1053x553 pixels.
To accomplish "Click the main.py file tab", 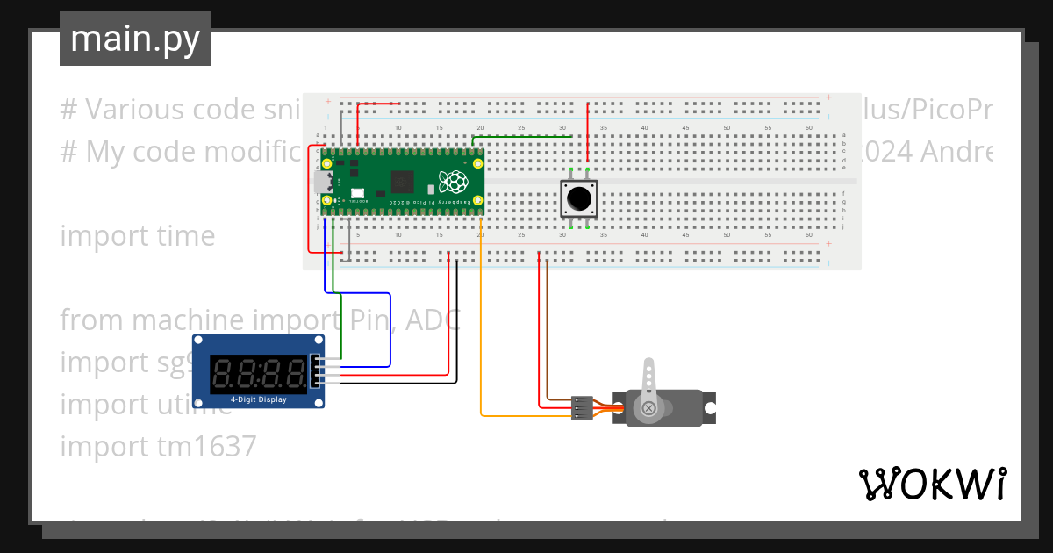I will tap(134, 39).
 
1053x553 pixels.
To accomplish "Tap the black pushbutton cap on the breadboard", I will tap(578, 199).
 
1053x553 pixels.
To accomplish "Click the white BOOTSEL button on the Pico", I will tap(357, 193).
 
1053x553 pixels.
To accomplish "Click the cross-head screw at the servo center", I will tap(649, 408).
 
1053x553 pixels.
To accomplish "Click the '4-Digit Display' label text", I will tap(259, 400).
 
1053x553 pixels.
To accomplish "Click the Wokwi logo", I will tap(931, 484).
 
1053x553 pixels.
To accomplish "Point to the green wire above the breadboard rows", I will tap(518, 136).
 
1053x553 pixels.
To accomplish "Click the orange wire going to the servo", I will tap(481, 351).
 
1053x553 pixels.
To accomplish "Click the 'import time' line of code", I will tap(137, 236).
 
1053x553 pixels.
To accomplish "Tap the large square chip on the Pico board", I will tap(404, 180).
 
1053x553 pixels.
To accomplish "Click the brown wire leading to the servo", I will tap(547, 334).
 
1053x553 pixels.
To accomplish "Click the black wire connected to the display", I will tap(456, 334).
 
